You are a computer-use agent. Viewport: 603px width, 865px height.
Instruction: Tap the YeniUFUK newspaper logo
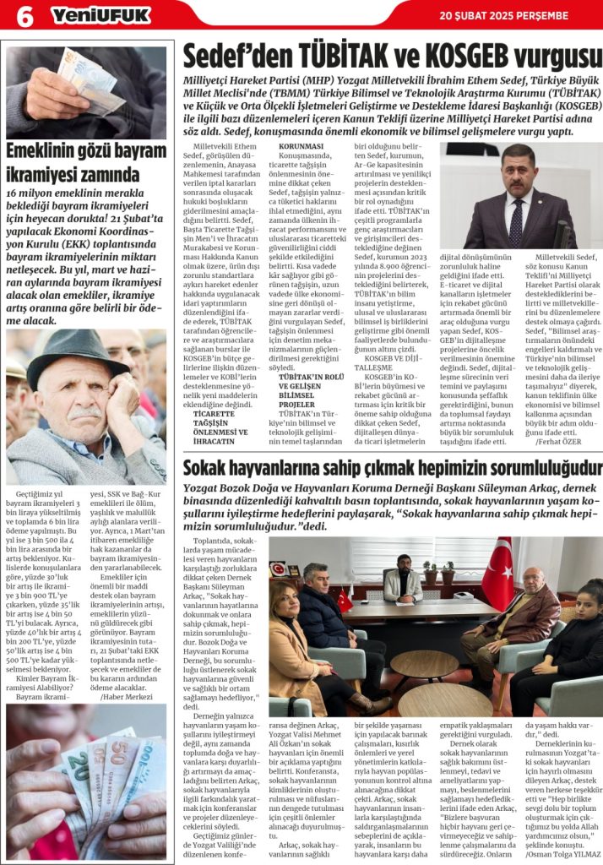tap(100, 15)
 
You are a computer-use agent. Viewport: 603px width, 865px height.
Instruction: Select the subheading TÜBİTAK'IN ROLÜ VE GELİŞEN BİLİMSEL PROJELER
tap(308, 393)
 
